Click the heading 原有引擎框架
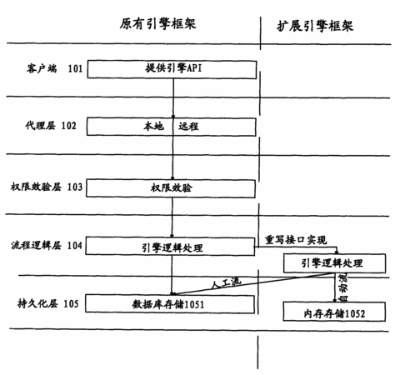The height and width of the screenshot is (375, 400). point(157,24)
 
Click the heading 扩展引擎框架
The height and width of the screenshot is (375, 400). point(315,26)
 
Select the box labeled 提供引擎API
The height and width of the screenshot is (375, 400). point(172,69)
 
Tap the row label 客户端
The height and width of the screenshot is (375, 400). point(42,68)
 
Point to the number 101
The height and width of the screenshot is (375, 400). point(75,68)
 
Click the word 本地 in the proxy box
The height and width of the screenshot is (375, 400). point(153,127)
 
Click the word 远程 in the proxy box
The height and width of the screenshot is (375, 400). point(188,127)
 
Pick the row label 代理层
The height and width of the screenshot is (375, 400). point(41,126)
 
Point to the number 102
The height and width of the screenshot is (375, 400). point(68,126)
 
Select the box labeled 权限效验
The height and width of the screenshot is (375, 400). point(171,188)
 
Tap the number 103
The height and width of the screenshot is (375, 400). point(75,187)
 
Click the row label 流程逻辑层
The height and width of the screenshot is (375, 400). point(36,245)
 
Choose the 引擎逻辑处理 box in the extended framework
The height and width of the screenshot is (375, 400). point(334,263)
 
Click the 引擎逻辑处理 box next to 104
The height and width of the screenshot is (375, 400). point(170,246)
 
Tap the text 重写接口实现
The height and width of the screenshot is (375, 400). point(296,239)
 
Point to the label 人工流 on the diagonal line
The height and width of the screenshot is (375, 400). point(226,283)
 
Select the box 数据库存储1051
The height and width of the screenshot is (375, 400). point(170,304)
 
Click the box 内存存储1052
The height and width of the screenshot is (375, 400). point(334,312)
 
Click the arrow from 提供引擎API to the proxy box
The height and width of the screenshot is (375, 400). point(173,98)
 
